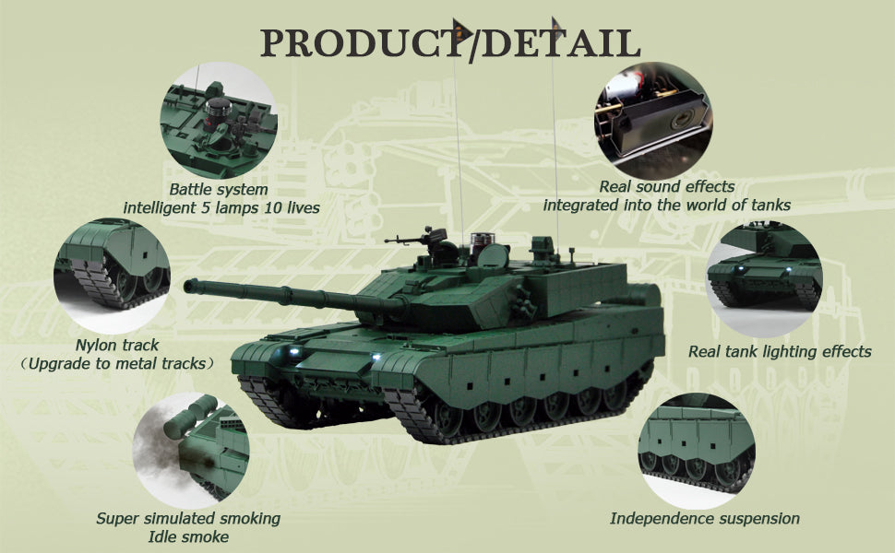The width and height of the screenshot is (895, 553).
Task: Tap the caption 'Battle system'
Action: pyautogui.click(x=219, y=189)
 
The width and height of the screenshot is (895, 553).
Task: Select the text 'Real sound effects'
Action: pyautogui.click(x=667, y=186)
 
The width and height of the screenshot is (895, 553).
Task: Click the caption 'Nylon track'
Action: pyautogui.click(x=117, y=345)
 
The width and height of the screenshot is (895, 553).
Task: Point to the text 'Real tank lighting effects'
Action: pyautogui.click(x=780, y=351)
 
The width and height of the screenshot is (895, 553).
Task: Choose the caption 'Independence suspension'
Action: pyautogui.click(x=705, y=518)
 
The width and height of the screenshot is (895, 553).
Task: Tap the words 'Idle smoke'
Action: pyautogui.click(x=188, y=536)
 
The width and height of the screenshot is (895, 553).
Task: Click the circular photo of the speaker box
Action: pyautogui.click(x=653, y=121)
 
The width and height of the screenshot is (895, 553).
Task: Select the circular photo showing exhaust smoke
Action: pyautogui.click(x=191, y=451)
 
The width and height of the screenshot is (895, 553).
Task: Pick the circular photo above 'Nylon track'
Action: pyautogui.click(x=112, y=276)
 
